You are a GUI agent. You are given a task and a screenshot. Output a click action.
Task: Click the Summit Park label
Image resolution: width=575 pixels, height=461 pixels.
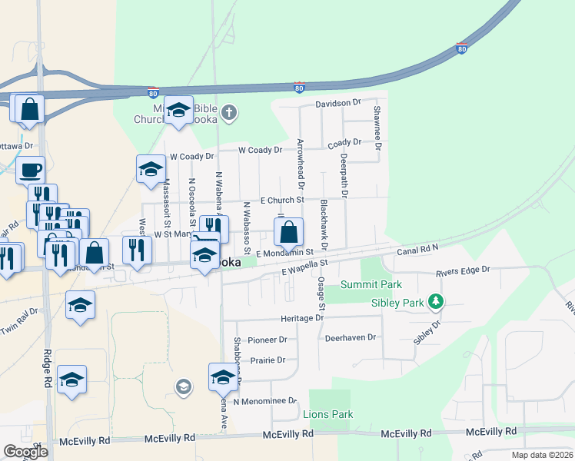(371, 285)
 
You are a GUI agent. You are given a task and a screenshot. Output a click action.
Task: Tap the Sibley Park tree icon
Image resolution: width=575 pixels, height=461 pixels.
(436, 302)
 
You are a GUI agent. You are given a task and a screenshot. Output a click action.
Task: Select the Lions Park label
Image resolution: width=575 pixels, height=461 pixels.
(328, 414)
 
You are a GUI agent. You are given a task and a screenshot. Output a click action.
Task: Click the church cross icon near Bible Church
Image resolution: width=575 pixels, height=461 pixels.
(228, 114)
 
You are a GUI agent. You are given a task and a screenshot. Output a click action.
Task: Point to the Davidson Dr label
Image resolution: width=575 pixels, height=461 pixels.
(337, 102)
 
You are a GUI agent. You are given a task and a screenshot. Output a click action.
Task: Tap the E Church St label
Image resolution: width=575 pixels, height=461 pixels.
(282, 200)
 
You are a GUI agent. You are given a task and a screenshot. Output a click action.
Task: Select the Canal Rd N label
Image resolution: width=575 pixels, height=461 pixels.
(417, 251)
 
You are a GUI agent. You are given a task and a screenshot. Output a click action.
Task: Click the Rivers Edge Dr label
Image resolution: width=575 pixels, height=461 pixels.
(467, 271)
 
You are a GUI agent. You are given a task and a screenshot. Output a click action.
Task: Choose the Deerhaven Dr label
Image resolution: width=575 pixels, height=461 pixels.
(350, 337)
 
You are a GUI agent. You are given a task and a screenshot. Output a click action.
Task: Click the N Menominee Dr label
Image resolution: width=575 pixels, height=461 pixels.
(264, 400)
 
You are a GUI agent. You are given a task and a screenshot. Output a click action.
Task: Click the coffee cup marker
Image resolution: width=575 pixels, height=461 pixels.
(30, 169)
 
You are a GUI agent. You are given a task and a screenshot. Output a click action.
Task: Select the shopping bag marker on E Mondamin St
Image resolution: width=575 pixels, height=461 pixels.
(288, 231)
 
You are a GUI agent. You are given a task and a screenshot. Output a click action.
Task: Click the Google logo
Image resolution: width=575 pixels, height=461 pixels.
(25, 452)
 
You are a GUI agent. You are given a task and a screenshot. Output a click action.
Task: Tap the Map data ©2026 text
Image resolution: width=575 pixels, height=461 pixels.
(541, 455)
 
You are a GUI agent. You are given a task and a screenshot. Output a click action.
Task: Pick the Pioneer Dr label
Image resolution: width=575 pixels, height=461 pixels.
(267, 339)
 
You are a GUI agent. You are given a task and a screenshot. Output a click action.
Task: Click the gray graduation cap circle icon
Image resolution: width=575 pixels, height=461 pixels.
(183, 386)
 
